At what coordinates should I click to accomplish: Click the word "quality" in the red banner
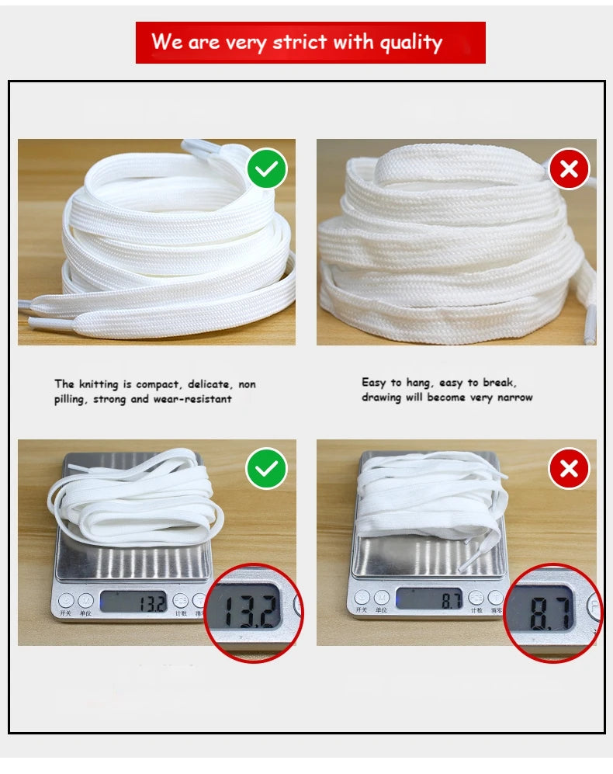click(409, 42)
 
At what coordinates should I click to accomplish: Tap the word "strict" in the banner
click(297, 42)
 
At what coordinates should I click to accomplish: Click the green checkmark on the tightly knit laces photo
click(267, 169)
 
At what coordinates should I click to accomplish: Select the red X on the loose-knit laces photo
click(569, 169)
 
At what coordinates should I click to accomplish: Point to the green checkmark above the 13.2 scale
click(267, 469)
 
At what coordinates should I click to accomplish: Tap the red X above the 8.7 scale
click(569, 469)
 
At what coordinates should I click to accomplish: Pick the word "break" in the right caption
click(498, 382)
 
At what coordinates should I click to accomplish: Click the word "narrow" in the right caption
click(514, 397)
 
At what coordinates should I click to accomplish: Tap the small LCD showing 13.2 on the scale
click(133, 601)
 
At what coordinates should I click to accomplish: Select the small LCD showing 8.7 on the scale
click(429, 599)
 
